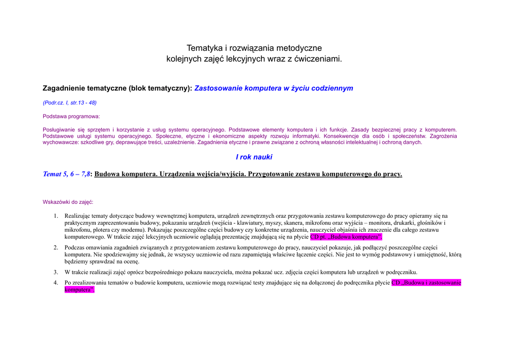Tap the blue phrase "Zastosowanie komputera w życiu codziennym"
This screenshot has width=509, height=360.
click(x=273, y=89)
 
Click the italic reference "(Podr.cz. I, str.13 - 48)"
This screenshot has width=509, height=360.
click(x=70, y=103)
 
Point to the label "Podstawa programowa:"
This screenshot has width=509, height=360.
click(x=71, y=116)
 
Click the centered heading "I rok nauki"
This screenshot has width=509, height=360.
click(x=254, y=157)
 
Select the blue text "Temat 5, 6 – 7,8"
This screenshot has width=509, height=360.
click(x=67, y=174)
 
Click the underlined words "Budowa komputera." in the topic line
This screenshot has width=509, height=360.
click(x=125, y=174)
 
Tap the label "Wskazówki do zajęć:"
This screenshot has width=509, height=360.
click(x=68, y=202)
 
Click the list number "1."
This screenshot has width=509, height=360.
click(x=56, y=216)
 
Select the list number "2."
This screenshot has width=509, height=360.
click(x=56, y=247)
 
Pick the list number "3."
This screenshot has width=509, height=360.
click(x=56, y=272)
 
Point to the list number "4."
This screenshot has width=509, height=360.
click(x=56, y=282)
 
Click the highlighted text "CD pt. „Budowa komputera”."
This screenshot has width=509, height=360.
click(x=346, y=237)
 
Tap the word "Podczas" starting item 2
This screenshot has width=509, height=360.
click(x=75, y=247)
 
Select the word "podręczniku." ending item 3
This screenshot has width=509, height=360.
click(x=402, y=272)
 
